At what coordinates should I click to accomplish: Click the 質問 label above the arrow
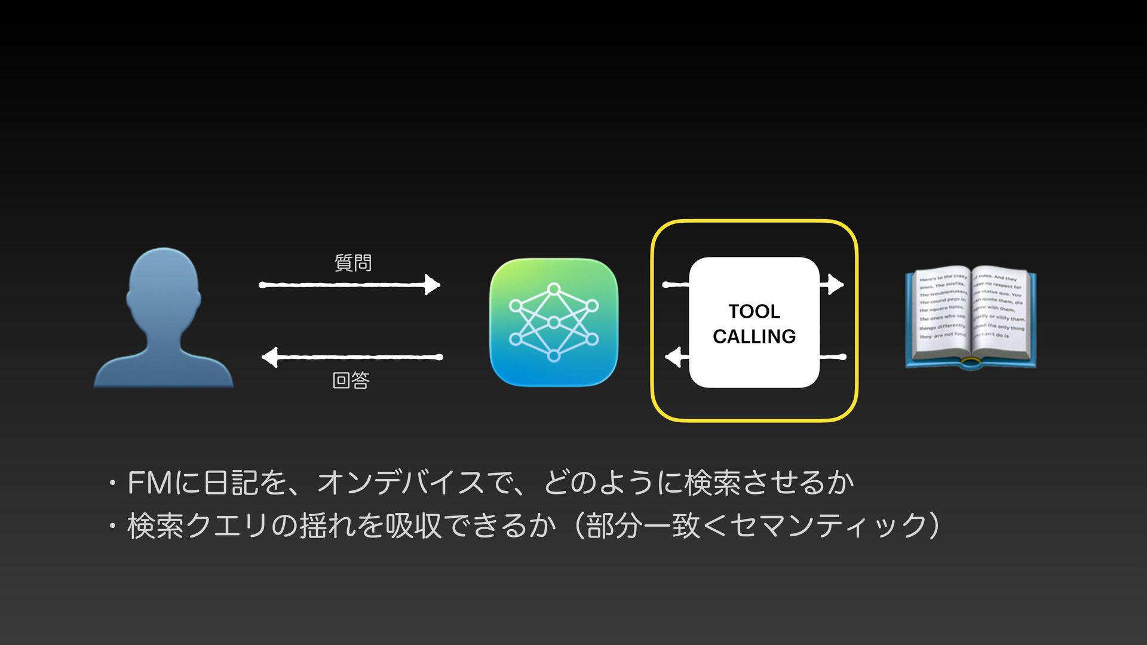coord(353,262)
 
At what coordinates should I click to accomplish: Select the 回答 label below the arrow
coord(351,380)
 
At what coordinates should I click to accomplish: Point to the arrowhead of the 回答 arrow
coord(270,357)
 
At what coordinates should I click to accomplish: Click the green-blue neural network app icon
coord(553,322)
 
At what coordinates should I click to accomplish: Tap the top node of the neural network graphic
coord(554,289)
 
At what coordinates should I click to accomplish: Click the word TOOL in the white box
coord(754,311)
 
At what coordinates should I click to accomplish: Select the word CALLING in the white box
coord(754,336)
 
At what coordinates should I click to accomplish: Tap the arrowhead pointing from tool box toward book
coord(836,285)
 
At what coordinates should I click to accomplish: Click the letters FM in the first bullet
coord(150,483)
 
